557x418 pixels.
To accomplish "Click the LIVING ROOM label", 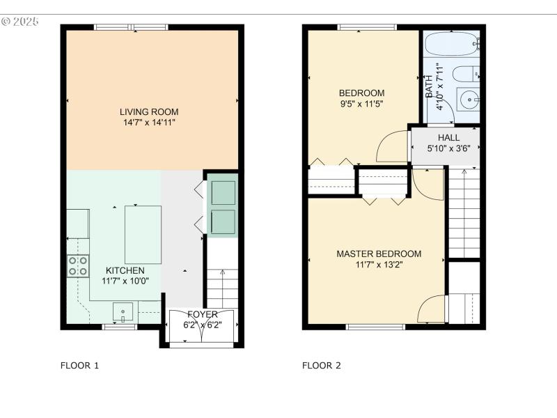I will click(x=149, y=111).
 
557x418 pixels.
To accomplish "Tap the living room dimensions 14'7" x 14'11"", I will click(x=149, y=123).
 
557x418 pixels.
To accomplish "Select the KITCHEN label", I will click(x=125, y=270).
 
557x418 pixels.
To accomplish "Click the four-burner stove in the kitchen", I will click(x=77, y=266).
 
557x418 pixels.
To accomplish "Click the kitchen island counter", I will click(x=143, y=234).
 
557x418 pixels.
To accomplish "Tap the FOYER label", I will click(x=202, y=314).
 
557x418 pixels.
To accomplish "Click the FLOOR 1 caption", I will click(x=79, y=365).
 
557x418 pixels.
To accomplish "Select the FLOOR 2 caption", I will click(x=321, y=365).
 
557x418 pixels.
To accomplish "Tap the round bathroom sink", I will click(x=470, y=100).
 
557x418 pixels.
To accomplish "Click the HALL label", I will click(x=448, y=137).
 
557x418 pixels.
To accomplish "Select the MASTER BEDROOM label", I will click(x=379, y=254).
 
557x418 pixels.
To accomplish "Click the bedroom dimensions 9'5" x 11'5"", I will click(x=361, y=104).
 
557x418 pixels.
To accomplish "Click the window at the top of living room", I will click(x=132, y=27).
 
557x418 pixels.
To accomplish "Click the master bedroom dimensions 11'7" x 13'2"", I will click(x=379, y=265).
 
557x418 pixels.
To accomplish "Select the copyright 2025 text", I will click(x=19, y=22).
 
